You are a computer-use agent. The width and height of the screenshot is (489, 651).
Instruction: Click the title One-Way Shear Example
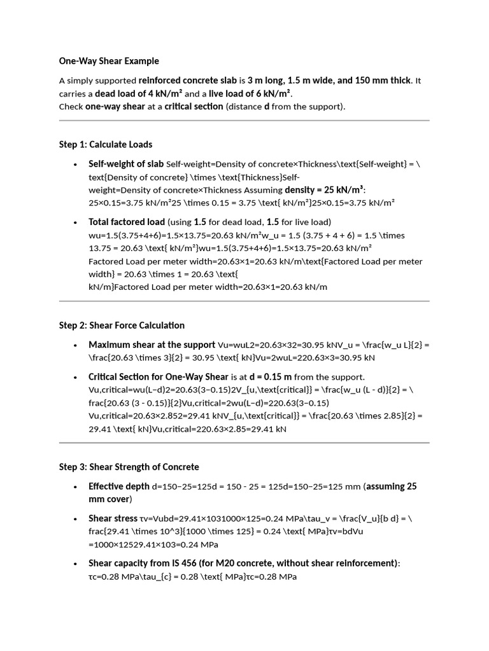pyautogui.click(x=109, y=61)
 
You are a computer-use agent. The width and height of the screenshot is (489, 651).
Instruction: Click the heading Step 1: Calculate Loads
pyautogui.click(x=106, y=144)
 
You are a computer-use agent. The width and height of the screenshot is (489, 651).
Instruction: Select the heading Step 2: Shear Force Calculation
pyautogui.click(x=122, y=325)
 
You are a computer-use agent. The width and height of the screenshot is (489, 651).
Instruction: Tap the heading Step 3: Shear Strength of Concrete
pyautogui.click(x=129, y=467)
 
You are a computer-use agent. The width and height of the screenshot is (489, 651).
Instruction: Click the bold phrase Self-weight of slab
pyautogui.click(x=126, y=164)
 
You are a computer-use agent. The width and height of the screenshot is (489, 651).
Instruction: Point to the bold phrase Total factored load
pyautogui.click(x=127, y=222)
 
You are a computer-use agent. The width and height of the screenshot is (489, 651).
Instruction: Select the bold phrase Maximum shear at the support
pyautogui.click(x=152, y=345)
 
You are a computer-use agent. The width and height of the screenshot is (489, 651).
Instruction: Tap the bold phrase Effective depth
pyautogui.click(x=119, y=486)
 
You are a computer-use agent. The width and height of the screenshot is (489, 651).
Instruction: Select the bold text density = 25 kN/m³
pyautogui.click(x=324, y=190)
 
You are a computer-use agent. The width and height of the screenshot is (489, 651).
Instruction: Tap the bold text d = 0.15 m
pyautogui.click(x=269, y=376)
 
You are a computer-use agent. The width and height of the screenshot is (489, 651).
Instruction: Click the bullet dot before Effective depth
pyautogui.click(x=76, y=487)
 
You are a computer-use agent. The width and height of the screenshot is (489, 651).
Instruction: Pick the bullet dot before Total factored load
pyautogui.click(x=76, y=223)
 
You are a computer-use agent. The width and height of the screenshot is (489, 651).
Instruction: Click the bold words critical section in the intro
pyautogui.click(x=194, y=106)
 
